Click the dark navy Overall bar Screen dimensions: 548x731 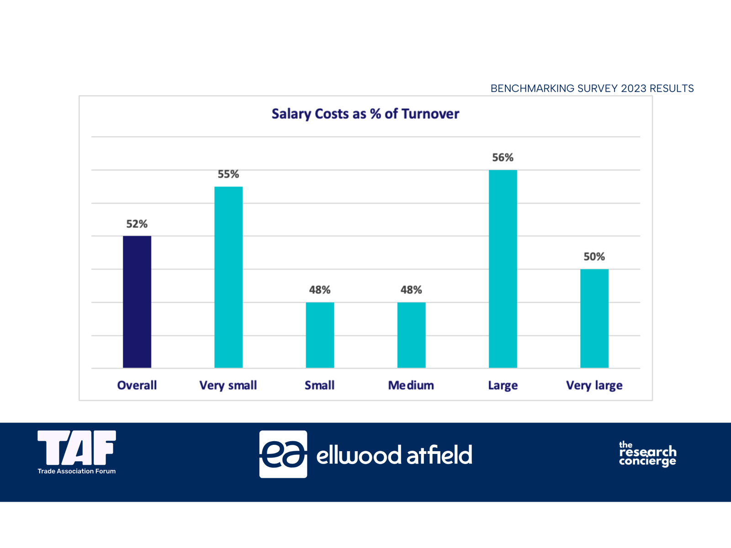tap(137, 302)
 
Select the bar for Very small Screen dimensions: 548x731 tap(228, 277)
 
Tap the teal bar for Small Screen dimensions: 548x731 tap(320, 335)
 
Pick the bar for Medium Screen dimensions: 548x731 tap(411, 335)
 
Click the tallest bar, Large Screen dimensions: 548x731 tap(503, 269)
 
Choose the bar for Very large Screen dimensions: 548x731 tap(594, 318)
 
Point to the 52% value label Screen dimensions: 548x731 tap(137, 224)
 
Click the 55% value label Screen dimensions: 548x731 tap(228, 174)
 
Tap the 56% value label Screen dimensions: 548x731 tap(503, 158)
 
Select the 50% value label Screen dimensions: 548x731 tap(594, 257)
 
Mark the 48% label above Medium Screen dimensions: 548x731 tap(411, 290)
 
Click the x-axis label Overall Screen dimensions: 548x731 tap(137, 385)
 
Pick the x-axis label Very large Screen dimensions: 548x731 tap(594, 385)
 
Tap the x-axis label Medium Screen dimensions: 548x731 tap(411, 385)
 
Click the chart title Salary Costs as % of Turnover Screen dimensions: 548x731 tap(365, 114)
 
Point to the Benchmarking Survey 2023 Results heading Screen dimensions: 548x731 tap(592, 89)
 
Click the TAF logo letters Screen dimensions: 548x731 tap(77, 447)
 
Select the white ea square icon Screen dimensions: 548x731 tap(283, 454)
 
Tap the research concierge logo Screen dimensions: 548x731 tap(647, 453)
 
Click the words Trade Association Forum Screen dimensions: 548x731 tap(77, 471)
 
